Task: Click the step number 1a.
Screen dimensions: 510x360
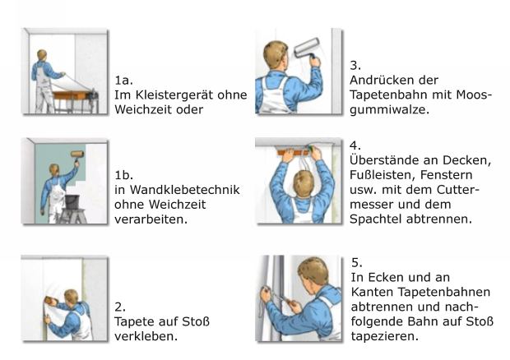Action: (x=123, y=80)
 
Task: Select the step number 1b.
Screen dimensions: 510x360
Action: (x=123, y=175)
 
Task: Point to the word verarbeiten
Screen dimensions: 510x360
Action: (x=151, y=219)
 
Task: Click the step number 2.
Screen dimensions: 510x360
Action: (x=120, y=307)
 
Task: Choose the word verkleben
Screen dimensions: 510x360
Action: (x=146, y=336)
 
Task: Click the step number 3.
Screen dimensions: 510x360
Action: (x=355, y=65)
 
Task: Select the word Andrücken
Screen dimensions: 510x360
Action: (x=378, y=80)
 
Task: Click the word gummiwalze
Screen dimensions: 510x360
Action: (x=389, y=109)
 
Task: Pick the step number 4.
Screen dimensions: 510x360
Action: (x=355, y=145)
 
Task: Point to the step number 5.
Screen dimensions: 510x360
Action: (x=357, y=262)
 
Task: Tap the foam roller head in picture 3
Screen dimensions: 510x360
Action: (x=307, y=48)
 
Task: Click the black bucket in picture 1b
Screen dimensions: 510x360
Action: (x=72, y=201)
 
